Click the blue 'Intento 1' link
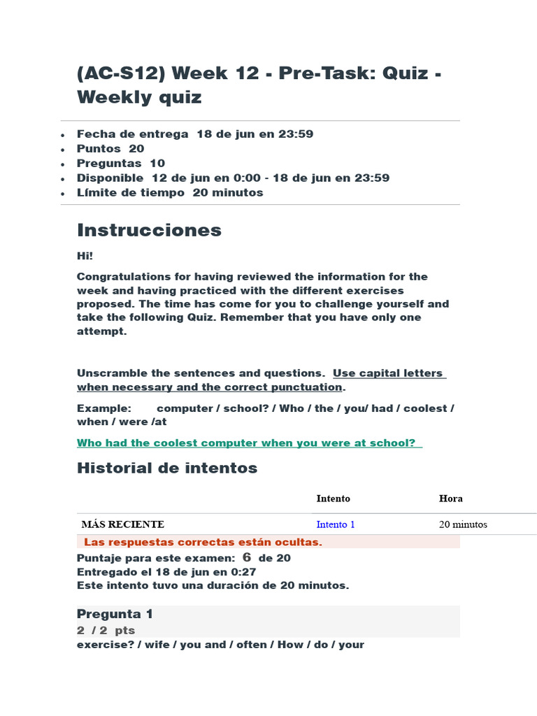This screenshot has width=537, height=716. coord(336,524)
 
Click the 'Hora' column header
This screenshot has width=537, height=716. coord(450,499)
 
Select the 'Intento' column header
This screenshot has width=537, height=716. coord(333,499)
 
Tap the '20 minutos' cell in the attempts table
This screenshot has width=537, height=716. coord(463,524)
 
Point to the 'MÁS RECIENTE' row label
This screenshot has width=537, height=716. coord(123,524)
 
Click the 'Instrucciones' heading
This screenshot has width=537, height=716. coord(149,230)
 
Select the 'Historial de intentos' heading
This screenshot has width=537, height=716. coord(167,468)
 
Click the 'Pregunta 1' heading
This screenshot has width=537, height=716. coord(115,614)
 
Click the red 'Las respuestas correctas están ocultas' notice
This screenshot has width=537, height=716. coord(203,542)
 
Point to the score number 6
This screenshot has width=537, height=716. coord(246,557)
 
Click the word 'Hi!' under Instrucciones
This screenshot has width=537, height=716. coord(85,257)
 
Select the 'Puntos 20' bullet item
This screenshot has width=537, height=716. coord(110,148)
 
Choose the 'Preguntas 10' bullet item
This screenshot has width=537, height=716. coord(121,163)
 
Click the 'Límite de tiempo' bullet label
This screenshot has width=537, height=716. coord(131,192)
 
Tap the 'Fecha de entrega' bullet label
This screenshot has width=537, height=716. coord(132,134)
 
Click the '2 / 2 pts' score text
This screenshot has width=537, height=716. coord(106,630)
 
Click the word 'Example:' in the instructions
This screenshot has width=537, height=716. coord(103,408)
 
